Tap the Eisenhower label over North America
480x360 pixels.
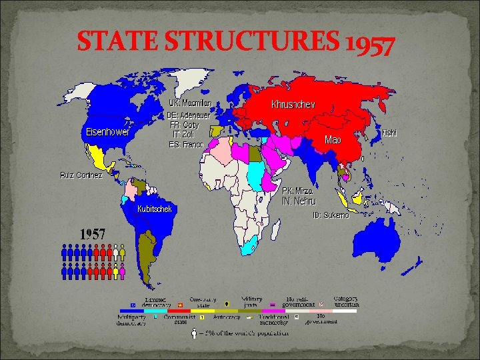point(107,131)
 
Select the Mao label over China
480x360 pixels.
point(333,140)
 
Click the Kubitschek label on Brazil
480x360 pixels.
point(155,209)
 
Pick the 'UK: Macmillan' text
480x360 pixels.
point(189,103)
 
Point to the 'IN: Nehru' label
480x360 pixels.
point(299,201)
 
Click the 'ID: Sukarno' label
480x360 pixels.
point(331,215)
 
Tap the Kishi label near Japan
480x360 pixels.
point(389,133)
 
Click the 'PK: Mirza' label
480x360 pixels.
point(297,191)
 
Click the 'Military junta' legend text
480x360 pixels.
point(250,302)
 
